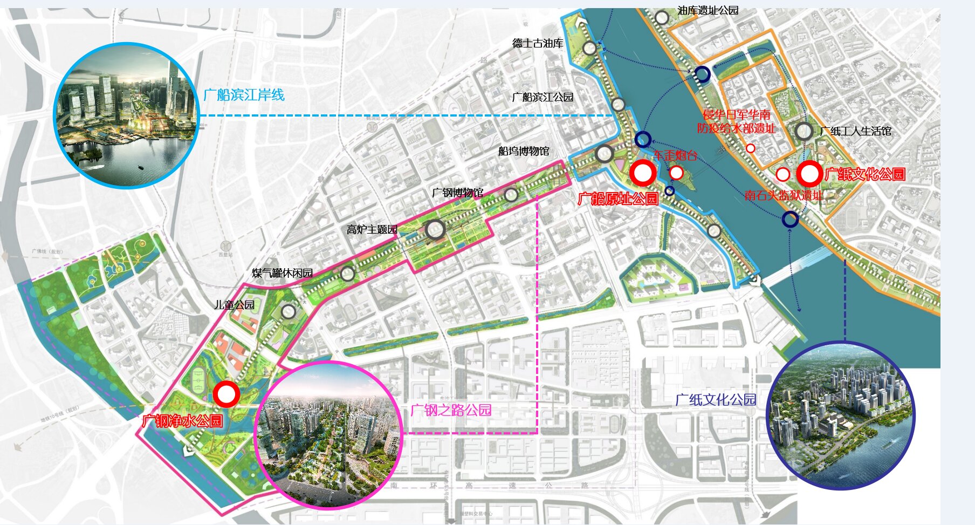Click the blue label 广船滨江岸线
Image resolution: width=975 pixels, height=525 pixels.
(x=244, y=96)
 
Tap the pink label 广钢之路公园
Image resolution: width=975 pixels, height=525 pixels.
(x=451, y=411)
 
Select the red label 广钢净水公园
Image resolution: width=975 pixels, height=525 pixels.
(x=182, y=421)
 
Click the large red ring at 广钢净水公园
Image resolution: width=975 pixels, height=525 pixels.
(x=226, y=394)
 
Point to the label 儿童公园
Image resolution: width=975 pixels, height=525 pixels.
(x=235, y=305)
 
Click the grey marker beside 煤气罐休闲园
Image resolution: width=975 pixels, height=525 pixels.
(x=348, y=274)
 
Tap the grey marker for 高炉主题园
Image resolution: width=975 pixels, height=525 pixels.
(x=435, y=230)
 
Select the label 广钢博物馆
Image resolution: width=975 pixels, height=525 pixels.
(x=457, y=193)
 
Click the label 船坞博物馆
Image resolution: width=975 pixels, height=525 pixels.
(x=524, y=151)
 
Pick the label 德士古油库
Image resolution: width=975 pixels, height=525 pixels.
(x=538, y=43)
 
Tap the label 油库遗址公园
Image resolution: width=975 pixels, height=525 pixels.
(x=708, y=10)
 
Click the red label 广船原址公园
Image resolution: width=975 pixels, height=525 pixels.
(x=618, y=199)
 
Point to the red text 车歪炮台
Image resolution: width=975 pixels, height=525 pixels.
(x=675, y=156)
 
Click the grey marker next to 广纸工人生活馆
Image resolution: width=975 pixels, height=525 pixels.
(x=804, y=131)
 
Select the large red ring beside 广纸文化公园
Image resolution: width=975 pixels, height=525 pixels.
(x=809, y=174)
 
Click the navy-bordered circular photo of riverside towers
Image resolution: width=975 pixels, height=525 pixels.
(x=840, y=415)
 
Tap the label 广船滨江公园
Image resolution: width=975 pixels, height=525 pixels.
(x=543, y=97)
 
